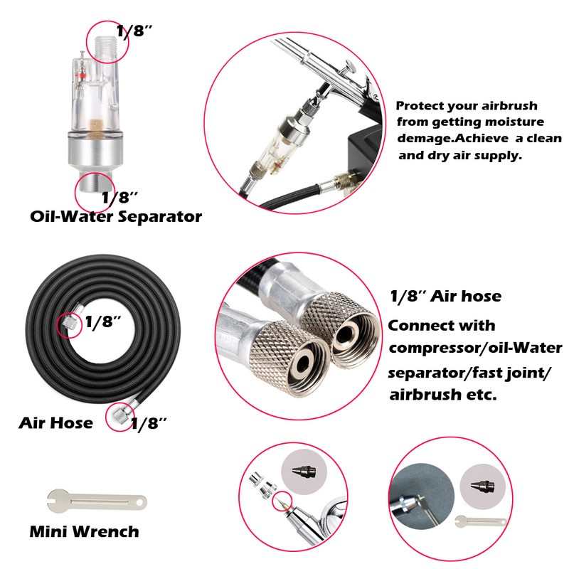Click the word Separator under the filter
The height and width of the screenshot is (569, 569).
(x=159, y=217)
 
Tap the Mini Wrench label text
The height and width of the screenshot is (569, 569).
(x=84, y=531)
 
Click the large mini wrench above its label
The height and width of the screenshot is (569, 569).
(x=97, y=501)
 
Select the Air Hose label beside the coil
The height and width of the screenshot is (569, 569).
(x=55, y=423)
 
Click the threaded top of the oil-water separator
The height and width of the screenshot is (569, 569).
(x=107, y=48)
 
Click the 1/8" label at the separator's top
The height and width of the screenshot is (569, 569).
(x=134, y=31)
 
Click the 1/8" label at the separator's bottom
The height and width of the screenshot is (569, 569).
(x=119, y=198)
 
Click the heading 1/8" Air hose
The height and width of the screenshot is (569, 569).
(x=446, y=297)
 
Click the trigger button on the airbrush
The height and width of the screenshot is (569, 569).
(x=349, y=68)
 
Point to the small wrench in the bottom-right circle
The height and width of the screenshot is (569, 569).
(x=481, y=521)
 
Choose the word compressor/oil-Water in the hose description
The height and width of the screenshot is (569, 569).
(x=475, y=348)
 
